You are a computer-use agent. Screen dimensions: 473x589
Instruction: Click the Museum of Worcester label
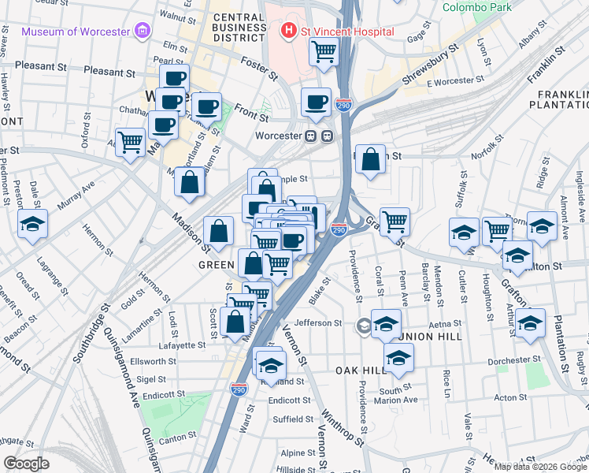point(76,32)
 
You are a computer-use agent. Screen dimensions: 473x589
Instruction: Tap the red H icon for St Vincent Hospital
point(289,32)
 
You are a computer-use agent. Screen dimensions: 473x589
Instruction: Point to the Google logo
point(25,464)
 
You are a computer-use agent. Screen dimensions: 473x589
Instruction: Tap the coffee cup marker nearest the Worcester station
point(316,102)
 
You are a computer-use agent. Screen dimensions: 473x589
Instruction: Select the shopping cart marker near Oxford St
point(130,143)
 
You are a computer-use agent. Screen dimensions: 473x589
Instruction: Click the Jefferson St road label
point(318,322)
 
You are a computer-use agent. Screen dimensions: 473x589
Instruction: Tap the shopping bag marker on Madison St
point(219,232)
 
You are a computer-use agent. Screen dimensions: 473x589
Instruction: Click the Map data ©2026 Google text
point(539,467)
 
